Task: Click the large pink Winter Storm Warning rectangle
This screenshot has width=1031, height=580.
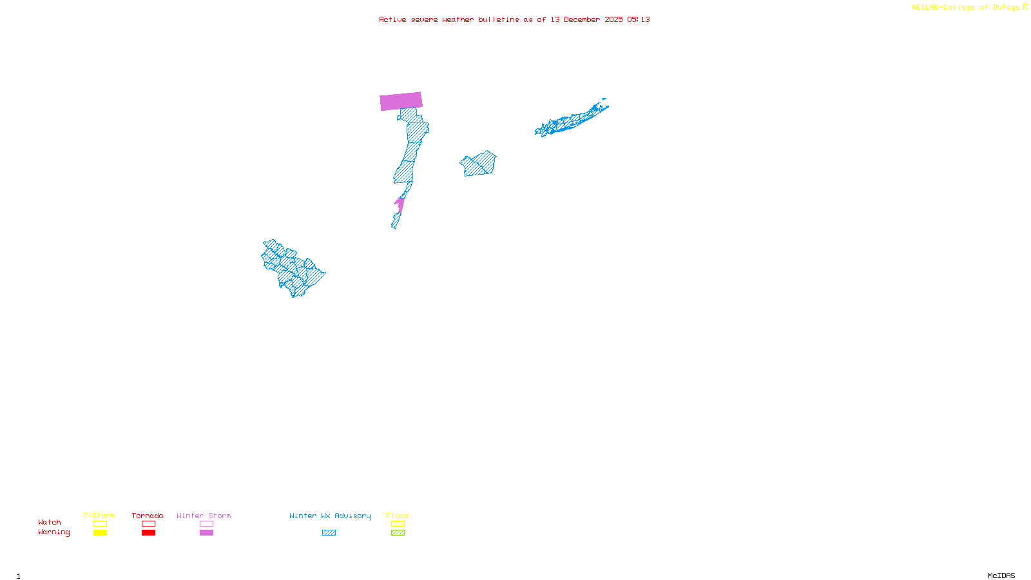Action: point(401,101)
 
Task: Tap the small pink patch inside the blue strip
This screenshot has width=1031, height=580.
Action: point(400,205)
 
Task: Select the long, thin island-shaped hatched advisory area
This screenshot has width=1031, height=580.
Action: point(570,120)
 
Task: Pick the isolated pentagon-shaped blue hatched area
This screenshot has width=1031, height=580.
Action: point(479,164)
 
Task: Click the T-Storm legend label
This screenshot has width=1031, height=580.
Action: point(99,516)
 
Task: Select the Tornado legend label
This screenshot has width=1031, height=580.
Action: point(148,516)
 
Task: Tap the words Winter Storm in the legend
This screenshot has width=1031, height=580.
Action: point(204,516)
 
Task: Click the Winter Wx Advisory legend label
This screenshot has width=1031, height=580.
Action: point(330,516)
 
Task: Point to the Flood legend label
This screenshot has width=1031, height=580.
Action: point(398,516)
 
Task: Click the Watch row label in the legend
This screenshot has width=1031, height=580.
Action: point(50,522)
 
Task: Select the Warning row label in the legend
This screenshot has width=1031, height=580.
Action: point(53,532)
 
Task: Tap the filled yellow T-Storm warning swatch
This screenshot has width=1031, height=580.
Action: point(100,533)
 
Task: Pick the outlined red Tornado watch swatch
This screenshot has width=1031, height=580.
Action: point(148,524)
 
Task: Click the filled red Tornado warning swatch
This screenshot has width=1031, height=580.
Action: point(148,533)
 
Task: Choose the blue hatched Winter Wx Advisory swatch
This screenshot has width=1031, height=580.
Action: point(329,533)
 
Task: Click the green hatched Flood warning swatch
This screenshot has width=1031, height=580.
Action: point(398,533)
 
